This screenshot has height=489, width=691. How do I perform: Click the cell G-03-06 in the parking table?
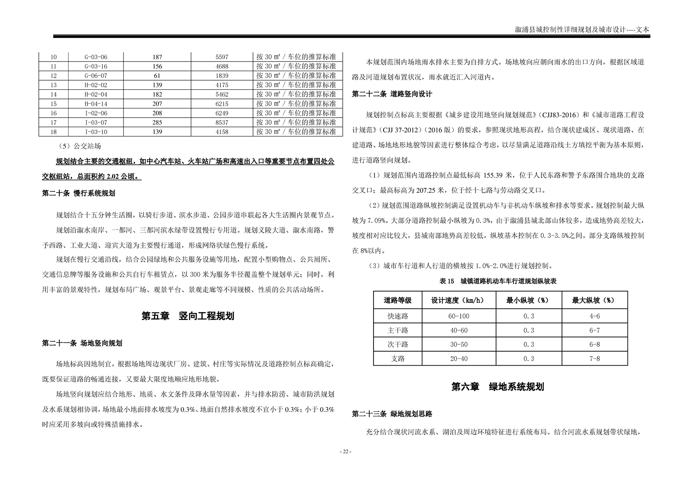coord(96,57)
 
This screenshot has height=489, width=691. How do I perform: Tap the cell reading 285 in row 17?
coord(157,122)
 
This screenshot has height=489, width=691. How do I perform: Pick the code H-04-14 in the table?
coord(96,104)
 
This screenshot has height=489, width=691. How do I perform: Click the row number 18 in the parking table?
coord(54,132)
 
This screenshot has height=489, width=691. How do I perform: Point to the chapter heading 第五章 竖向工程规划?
coord(188,316)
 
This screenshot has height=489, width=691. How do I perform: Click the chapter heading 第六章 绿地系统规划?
coord(498,387)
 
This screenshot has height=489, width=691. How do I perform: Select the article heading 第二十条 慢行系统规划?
coord(78,193)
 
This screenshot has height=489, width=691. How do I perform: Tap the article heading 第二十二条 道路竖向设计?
coord(392,94)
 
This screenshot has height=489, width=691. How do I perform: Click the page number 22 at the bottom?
coord(345,452)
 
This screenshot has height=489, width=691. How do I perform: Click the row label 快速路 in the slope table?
coord(398,316)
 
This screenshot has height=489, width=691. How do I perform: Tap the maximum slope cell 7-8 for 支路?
coord(594,359)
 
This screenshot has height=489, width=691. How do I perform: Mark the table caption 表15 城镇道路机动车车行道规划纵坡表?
coord(498,282)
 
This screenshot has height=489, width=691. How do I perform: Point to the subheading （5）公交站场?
coord(78,146)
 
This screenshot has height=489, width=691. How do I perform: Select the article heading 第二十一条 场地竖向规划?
coord(82,343)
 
